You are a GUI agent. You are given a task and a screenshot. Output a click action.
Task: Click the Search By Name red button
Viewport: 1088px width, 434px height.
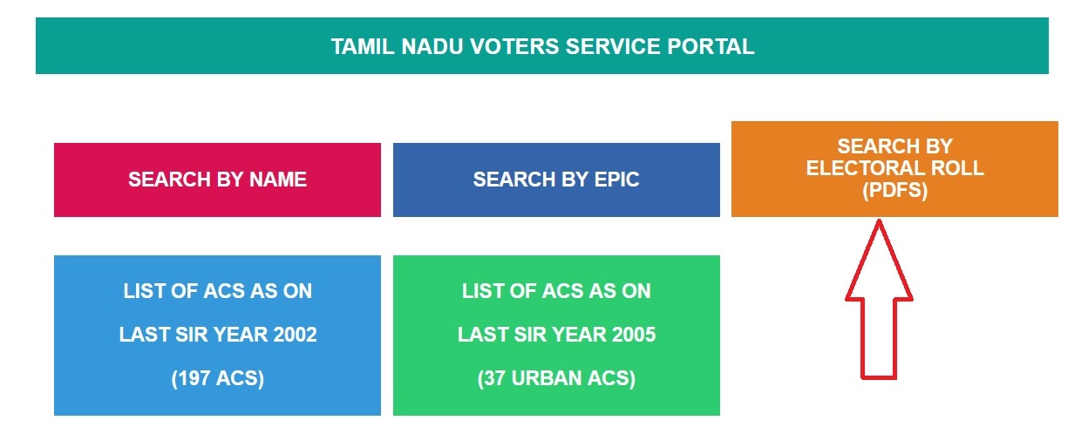(x=217, y=180)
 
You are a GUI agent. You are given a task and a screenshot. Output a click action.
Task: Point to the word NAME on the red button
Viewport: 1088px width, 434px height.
(x=278, y=180)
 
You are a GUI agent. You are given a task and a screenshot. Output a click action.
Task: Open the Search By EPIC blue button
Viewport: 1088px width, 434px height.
(x=556, y=180)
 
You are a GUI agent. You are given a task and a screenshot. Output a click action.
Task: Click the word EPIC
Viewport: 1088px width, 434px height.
(x=617, y=180)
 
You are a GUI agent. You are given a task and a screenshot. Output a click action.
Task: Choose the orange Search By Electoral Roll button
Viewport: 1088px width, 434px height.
(x=894, y=169)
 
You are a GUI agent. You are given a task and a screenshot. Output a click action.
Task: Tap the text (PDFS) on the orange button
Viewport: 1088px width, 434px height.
(x=894, y=190)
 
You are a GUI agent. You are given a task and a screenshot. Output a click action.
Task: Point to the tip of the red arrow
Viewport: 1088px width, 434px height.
(x=879, y=220)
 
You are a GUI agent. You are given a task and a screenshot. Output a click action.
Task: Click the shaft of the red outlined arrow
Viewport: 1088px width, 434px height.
(x=879, y=339)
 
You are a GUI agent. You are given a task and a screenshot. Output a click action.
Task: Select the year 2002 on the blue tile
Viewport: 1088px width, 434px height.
(x=295, y=335)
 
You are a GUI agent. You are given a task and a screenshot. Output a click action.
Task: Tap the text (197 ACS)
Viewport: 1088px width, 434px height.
(x=218, y=378)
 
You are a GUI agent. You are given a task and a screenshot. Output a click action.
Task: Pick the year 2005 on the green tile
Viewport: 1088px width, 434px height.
(x=634, y=335)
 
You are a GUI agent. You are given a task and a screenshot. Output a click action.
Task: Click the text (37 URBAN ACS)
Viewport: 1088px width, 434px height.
(x=556, y=378)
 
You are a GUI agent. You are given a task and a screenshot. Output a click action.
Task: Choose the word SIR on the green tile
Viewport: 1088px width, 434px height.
(x=526, y=335)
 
